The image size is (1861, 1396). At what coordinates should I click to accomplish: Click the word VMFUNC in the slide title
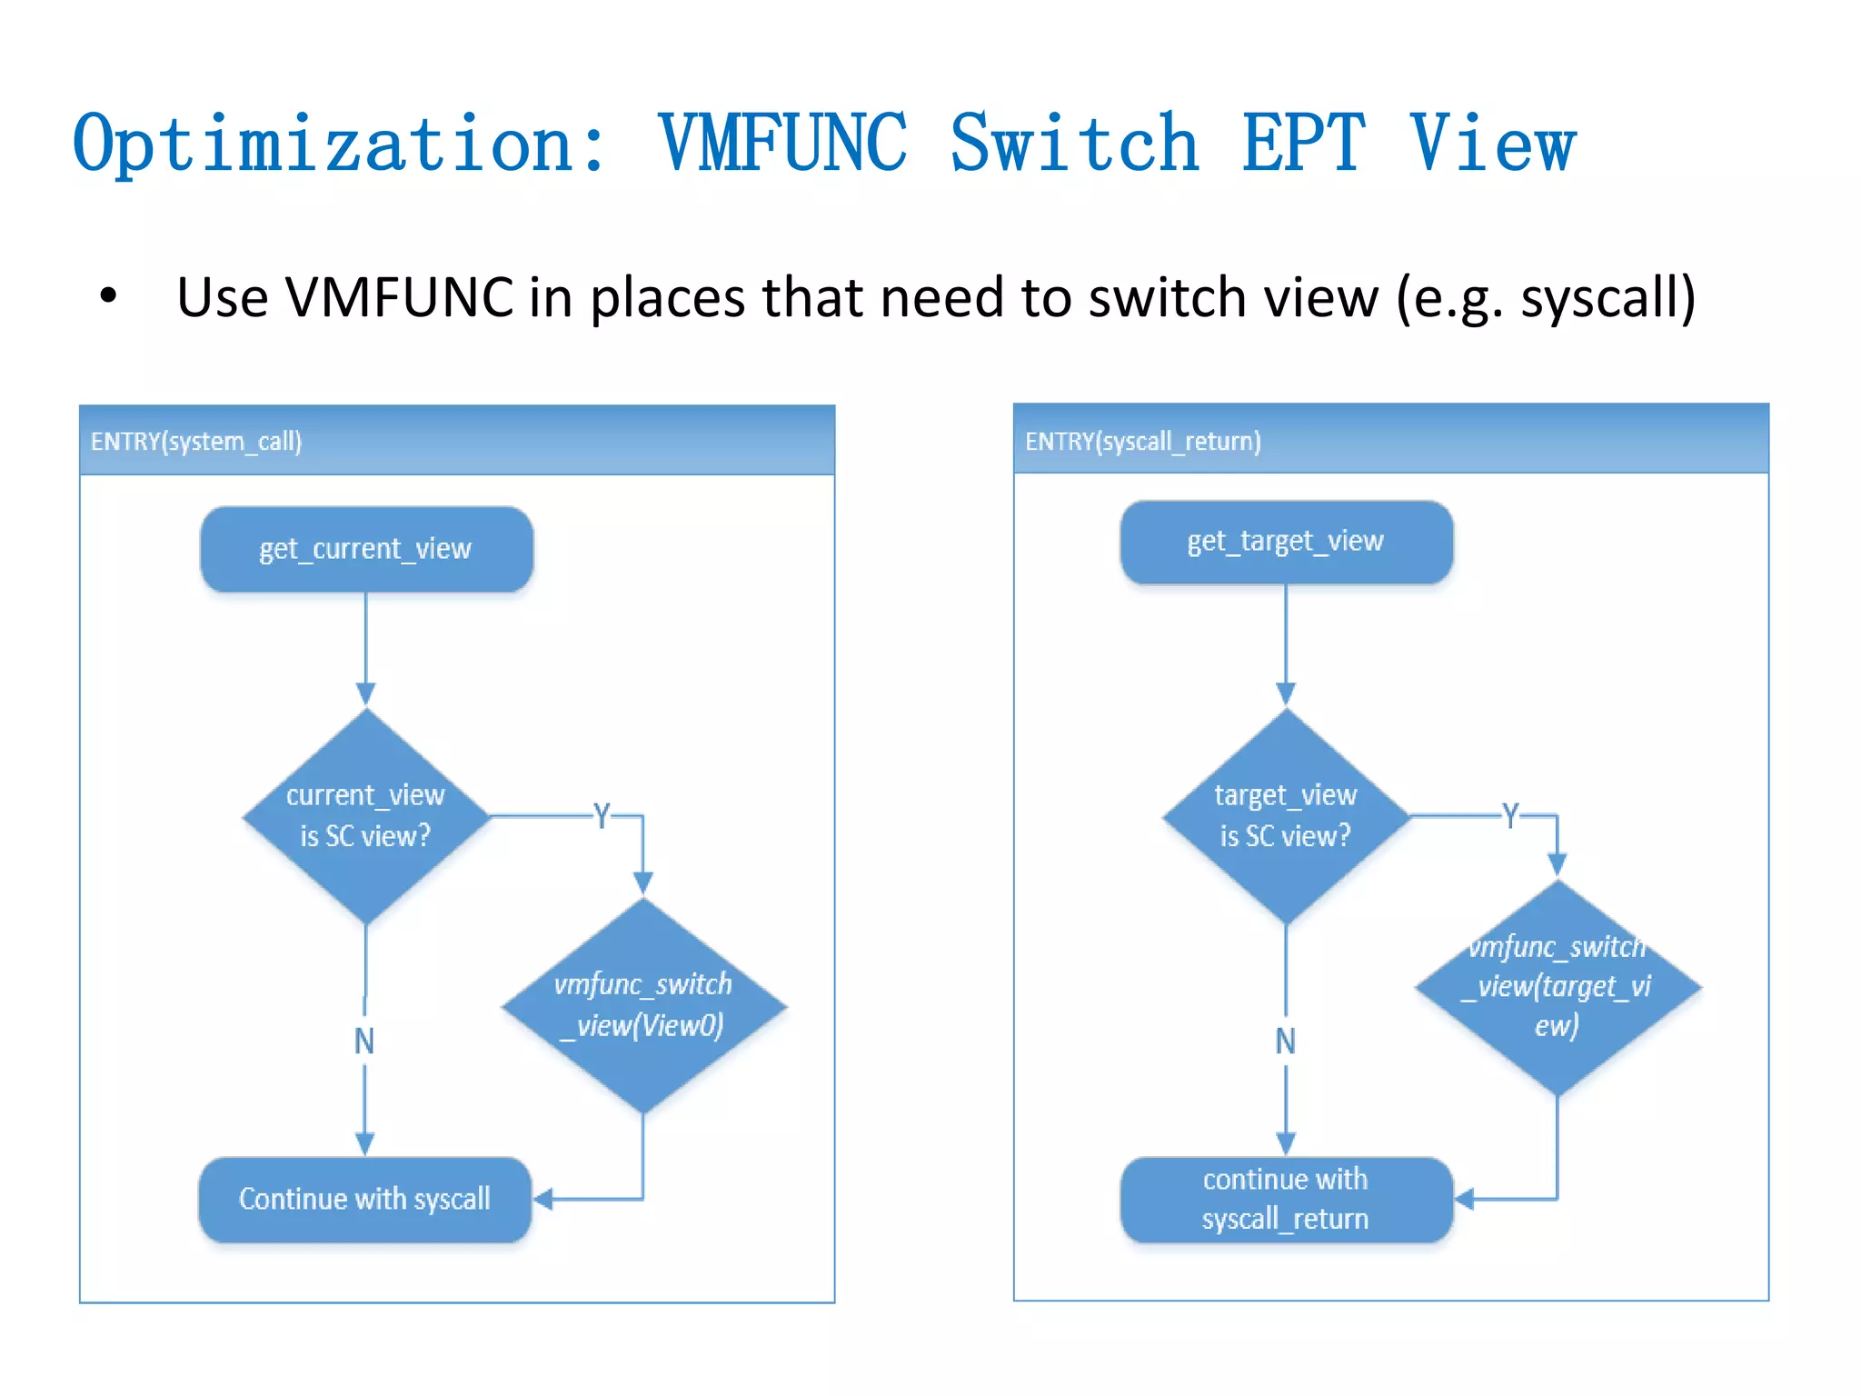(x=782, y=144)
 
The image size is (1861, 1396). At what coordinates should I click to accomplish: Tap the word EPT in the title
(x=1303, y=144)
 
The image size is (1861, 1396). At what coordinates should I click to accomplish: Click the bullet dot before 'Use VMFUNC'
(x=109, y=296)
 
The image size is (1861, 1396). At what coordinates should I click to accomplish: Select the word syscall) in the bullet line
(x=1607, y=298)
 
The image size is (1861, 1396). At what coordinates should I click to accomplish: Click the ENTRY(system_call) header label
(x=196, y=442)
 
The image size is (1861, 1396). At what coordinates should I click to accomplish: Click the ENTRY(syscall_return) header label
(x=1142, y=442)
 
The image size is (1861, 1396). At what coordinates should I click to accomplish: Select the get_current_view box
(x=366, y=549)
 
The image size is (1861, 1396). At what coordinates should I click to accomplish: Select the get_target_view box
(x=1286, y=542)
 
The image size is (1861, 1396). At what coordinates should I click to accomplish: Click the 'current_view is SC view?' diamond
(x=366, y=816)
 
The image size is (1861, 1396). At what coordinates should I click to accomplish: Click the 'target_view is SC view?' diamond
(x=1286, y=816)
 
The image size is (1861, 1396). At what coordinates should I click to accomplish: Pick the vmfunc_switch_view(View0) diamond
(x=643, y=1005)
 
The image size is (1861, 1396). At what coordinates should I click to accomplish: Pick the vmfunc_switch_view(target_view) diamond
(x=1557, y=987)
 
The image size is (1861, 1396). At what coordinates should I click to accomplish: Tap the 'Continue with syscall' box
(x=364, y=1199)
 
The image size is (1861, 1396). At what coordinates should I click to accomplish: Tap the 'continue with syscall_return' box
(x=1286, y=1199)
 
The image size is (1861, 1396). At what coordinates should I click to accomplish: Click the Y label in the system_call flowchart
(x=602, y=815)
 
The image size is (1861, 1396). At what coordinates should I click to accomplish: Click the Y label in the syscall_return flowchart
(x=1510, y=815)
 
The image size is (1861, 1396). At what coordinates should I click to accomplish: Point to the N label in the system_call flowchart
(x=364, y=1041)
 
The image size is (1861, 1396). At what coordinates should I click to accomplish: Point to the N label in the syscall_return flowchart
(x=1286, y=1041)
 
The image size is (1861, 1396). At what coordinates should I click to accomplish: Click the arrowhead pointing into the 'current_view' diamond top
(x=366, y=694)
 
